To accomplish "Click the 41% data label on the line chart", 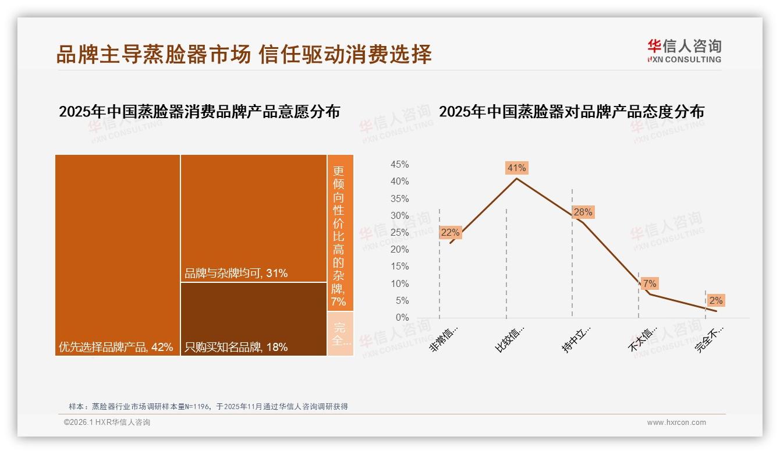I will tap(516, 168).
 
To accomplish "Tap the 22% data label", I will tap(450, 232).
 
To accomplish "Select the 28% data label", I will tap(583, 212).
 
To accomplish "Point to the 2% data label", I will tap(715, 300).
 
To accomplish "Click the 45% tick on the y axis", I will tap(399, 165).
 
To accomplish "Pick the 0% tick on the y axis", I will tap(402, 318).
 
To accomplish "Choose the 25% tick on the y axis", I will tap(399, 233).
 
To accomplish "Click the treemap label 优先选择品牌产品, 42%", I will tap(116, 347).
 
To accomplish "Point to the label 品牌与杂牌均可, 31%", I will tap(236, 273).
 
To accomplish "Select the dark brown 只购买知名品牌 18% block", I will tap(253, 319).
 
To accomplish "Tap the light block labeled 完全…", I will tap(340, 334).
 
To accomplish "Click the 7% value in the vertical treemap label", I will tap(339, 302).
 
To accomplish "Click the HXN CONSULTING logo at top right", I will tap(684, 51).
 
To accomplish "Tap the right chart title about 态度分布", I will tap(571, 112).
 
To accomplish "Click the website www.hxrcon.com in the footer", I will tap(676, 423).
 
